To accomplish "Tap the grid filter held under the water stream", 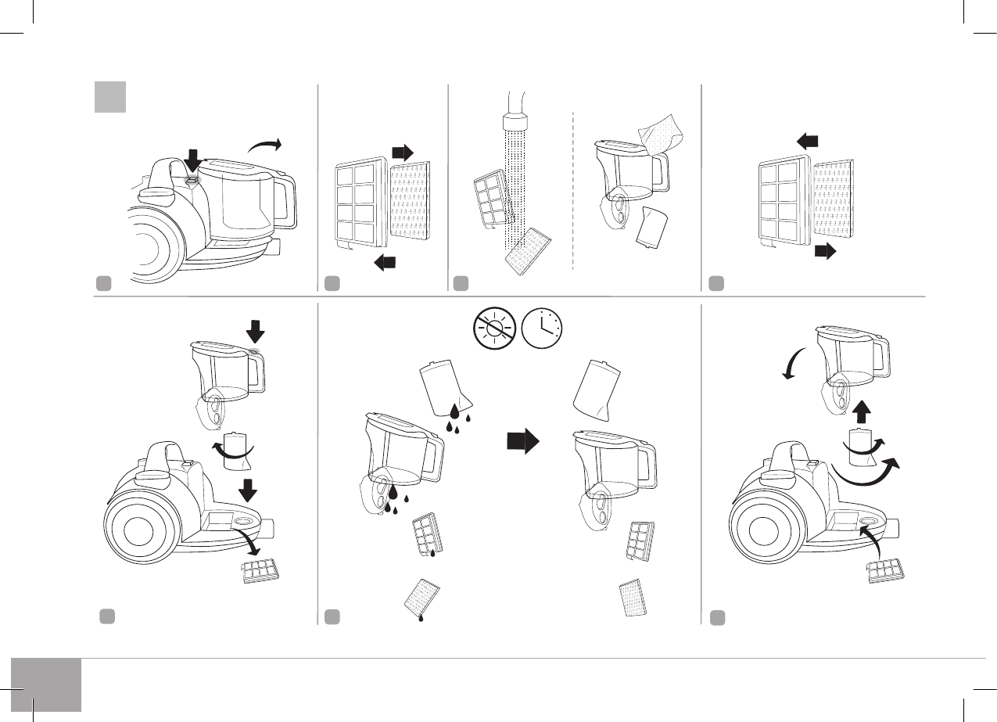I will tap(492, 199).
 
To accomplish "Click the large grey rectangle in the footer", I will tap(46, 684).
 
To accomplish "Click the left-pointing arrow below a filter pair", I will tap(386, 264).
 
